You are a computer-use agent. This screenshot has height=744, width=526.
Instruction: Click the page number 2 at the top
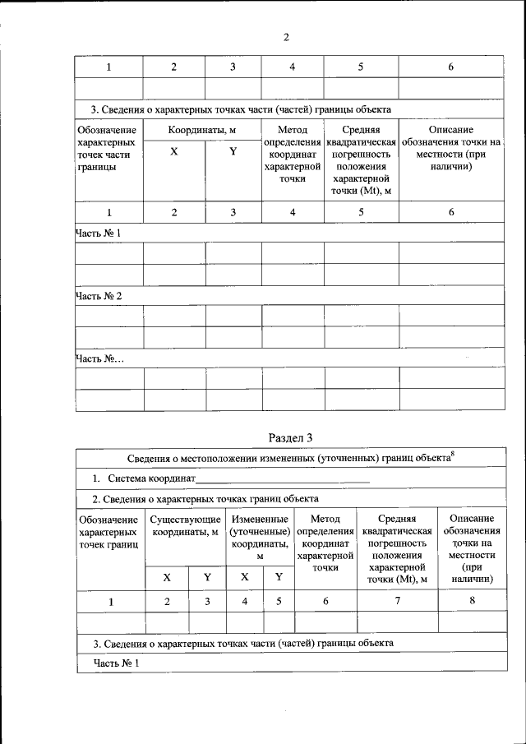(x=286, y=38)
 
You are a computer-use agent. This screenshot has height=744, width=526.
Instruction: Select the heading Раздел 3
(x=291, y=437)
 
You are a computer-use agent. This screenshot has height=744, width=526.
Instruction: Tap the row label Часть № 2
(x=99, y=295)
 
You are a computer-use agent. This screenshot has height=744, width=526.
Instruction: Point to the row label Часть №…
(x=99, y=358)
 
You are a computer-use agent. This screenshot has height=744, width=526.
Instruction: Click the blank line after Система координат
(x=283, y=478)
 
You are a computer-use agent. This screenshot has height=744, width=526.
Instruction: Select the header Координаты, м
(x=202, y=130)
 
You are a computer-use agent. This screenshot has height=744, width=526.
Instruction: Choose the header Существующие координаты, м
(x=186, y=525)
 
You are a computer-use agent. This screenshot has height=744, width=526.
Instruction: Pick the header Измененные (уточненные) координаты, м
(x=260, y=537)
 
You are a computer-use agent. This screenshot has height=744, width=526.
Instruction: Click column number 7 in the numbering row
(x=398, y=602)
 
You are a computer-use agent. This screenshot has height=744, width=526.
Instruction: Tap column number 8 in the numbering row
(x=472, y=602)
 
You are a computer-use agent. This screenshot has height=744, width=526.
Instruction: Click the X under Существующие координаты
(x=167, y=577)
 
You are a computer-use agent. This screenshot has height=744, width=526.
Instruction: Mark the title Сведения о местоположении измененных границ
(x=288, y=458)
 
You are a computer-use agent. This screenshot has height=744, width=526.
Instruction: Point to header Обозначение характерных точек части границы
(x=106, y=148)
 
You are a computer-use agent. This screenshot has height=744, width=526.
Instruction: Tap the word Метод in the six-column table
(x=293, y=130)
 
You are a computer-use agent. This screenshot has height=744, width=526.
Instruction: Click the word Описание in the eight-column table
(x=472, y=519)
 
